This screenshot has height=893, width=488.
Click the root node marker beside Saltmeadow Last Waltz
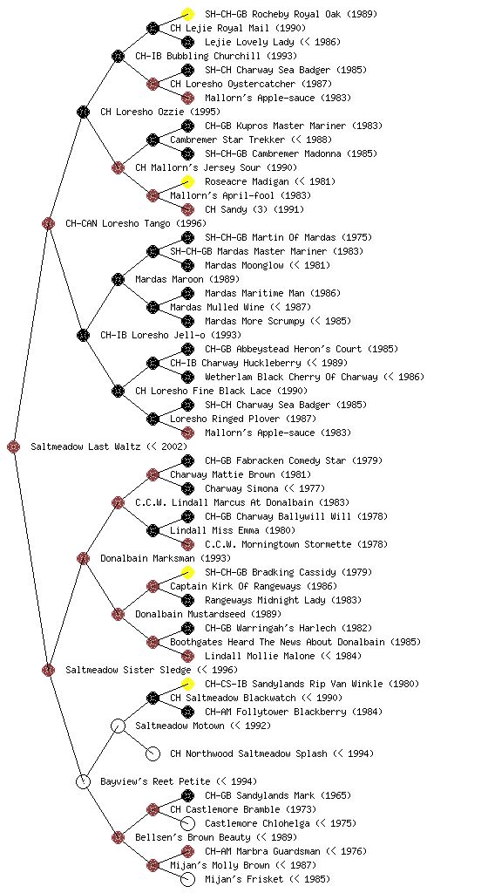click(14, 447)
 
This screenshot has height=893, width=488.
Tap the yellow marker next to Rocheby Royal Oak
click(187, 14)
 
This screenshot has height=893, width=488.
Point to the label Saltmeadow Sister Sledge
click(128, 670)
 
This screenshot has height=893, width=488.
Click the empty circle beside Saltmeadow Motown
click(118, 726)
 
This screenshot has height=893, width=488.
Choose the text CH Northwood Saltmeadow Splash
click(248, 753)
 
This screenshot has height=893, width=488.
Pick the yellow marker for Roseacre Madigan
click(187, 181)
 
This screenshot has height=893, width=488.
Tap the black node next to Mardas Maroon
click(118, 279)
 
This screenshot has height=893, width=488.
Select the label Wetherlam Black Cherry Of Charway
click(291, 377)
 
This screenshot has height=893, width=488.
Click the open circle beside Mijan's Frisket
click(187, 879)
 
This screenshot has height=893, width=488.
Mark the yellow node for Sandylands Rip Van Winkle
click(187, 684)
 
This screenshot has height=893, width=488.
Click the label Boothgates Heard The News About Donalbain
click(278, 642)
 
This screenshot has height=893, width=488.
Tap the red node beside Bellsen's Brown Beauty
click(118, 837)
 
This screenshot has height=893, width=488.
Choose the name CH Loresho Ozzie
click(142, 112)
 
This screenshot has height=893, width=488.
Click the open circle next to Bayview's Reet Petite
click(83, 781)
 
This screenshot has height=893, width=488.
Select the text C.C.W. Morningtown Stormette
click(278, 544)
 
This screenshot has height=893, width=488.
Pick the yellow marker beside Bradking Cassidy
click(187, 572)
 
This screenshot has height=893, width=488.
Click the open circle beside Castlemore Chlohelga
click(187, 823)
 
